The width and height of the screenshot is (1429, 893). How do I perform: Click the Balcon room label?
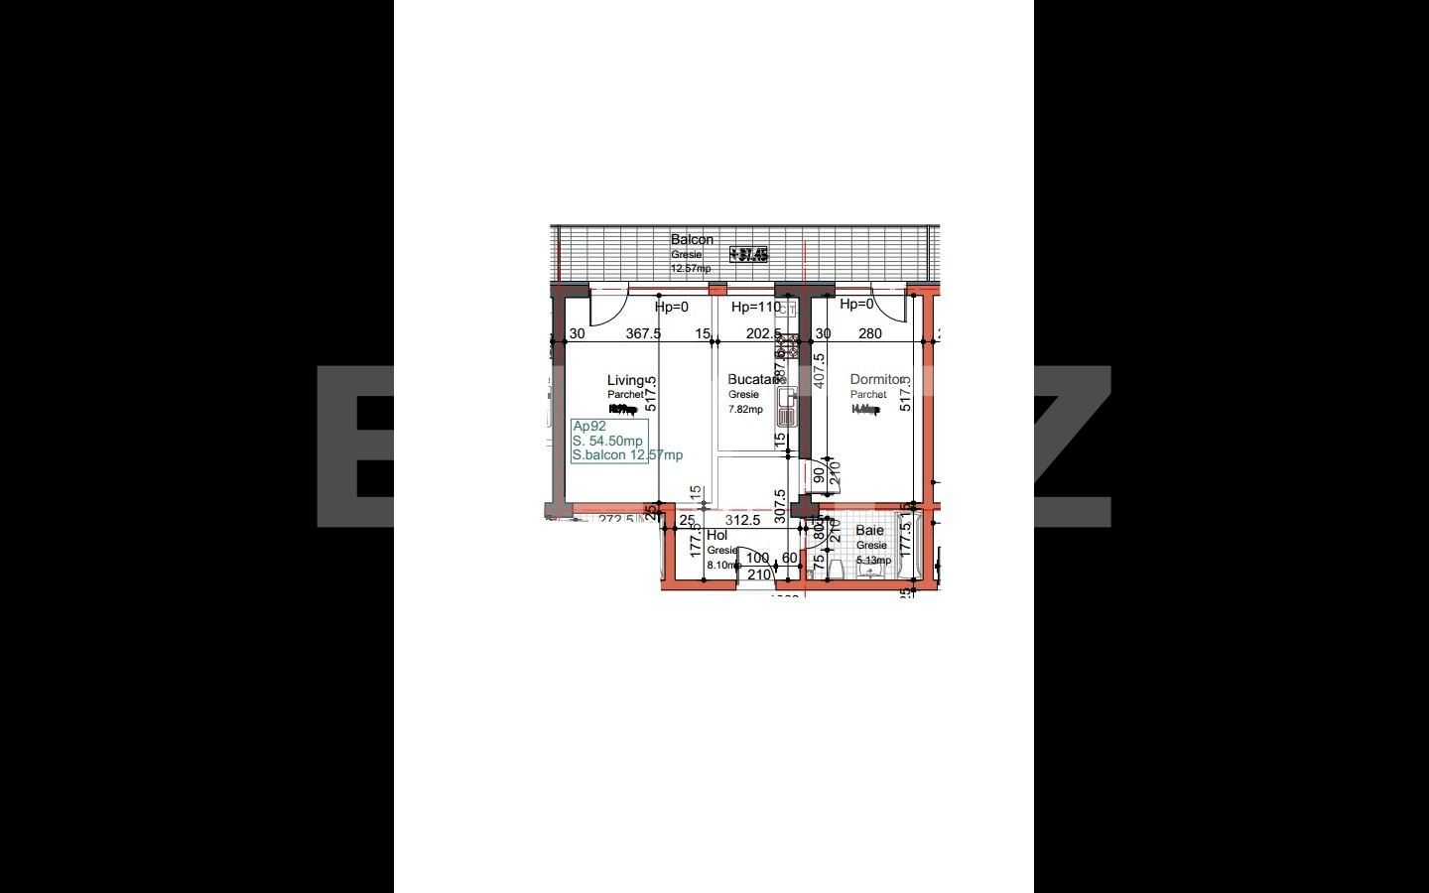tap(692, 239)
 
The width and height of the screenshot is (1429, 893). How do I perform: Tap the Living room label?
tap(626, 380)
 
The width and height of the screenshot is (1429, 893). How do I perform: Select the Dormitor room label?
tap(877, 379)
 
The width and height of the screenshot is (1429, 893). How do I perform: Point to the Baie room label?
tap(869, 530)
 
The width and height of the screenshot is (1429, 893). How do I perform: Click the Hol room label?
tap(716, 535)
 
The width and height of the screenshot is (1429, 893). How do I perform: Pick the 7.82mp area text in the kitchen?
tap(745, 409)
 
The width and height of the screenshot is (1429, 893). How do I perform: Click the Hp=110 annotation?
tap(755, 307)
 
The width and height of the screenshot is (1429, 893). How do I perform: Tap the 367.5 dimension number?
tap(643, 333)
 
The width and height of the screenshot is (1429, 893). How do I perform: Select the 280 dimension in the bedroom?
tap(870, 333)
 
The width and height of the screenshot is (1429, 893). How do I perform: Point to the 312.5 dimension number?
tap(742, 520)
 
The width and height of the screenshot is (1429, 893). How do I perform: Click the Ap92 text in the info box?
tap(589, 426)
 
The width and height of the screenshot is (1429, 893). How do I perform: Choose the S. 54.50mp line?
tap(607, 441)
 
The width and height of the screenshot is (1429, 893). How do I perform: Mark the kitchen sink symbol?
tap(788, 407)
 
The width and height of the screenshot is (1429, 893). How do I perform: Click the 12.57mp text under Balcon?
tap(691, 268)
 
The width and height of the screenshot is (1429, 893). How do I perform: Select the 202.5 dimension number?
tap(763, 333)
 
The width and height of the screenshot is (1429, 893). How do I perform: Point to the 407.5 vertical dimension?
tap(819, 371)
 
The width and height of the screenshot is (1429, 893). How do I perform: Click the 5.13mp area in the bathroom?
tap(873, 561)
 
